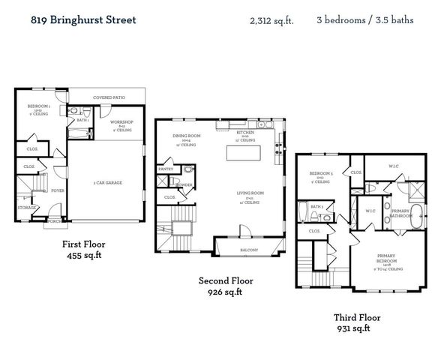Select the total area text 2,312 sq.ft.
[x=271, y=21]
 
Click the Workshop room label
[x=121, y=121]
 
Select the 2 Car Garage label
[x=108, y=182]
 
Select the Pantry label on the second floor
[x=165, y=169]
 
